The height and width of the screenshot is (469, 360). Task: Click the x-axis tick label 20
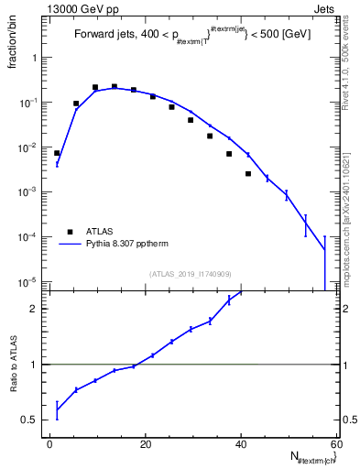coord(145,444)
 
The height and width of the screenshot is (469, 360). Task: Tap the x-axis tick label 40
coord(240,444)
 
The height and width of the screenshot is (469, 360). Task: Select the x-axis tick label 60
coord(335,444)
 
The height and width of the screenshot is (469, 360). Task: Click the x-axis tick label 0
coord(49,444)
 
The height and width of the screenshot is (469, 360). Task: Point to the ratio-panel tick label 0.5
coord(30,420)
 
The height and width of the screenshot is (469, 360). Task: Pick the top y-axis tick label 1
coord(36,58)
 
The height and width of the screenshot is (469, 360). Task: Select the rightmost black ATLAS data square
coord(247,173)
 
